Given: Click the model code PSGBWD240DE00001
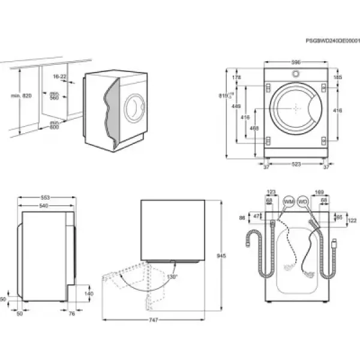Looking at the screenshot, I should (x=331, y=41).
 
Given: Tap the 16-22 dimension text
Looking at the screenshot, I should (x=59, y=77).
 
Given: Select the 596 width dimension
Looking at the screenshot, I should (x=296, y=62).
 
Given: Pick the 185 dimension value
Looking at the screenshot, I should (x=337, y=77).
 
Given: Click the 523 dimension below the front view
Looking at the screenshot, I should (x=296, y=164).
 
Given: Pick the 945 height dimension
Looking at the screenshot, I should (x=221, y=256).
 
